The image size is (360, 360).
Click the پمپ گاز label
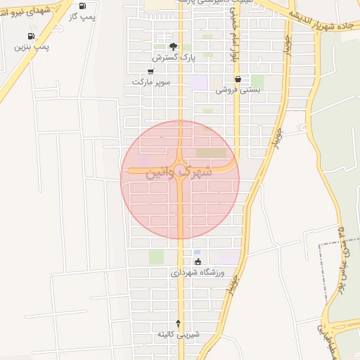83,15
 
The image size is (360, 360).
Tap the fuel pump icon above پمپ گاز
83,6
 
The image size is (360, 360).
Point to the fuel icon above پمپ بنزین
30,36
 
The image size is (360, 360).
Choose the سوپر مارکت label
151,82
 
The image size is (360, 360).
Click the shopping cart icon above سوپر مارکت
151,71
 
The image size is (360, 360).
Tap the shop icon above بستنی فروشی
239,79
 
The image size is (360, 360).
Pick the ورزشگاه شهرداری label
198,272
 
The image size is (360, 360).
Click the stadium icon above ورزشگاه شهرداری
198,262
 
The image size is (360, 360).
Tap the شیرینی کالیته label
178,334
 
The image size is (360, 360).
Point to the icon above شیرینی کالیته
178,323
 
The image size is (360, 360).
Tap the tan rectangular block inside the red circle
212,153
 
